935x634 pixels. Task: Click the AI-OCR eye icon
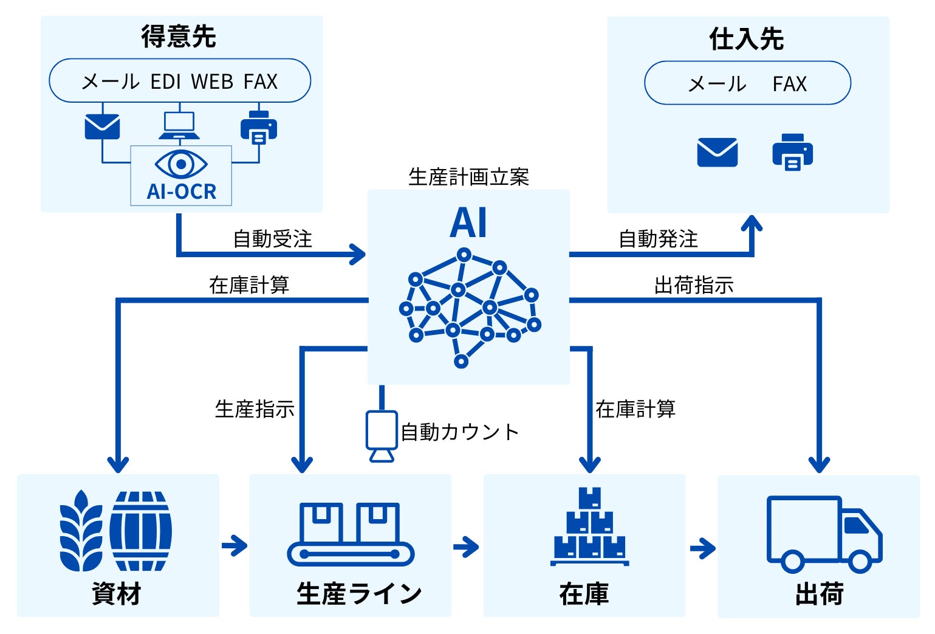(181, 164)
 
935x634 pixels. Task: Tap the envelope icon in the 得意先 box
(102, 126)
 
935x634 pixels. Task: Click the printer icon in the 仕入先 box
(792, 152)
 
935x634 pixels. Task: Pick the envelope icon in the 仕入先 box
(718, 152)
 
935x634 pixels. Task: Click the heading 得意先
(179, 36)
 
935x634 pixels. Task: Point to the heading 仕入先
(747, 39)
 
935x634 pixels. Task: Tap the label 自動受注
(273, 239)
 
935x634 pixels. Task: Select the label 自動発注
(659, 239)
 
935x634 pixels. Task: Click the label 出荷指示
(694, 284)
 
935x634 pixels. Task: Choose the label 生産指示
(255, 408)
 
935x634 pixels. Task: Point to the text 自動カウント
(460, 432)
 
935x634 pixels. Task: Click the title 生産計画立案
(468, 177)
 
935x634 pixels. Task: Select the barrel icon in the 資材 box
(141, 531)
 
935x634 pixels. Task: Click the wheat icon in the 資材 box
(81, 531)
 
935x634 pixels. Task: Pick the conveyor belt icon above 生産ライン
(351, 534)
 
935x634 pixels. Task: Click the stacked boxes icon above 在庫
(589, 526)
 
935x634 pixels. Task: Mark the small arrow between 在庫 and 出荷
(703, 548)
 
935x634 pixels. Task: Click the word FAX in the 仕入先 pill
(789, 84)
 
